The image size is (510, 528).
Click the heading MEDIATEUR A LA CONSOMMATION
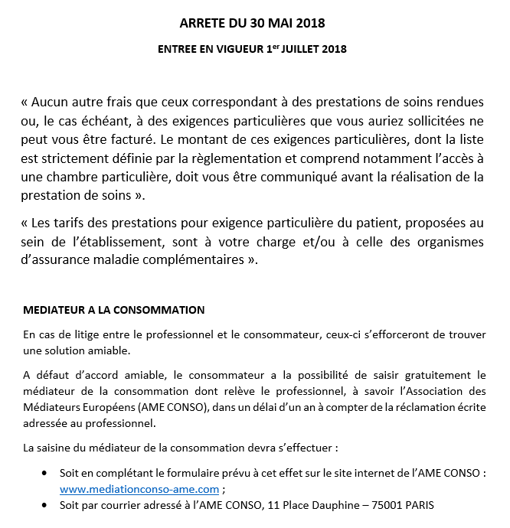tap(114, 311)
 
